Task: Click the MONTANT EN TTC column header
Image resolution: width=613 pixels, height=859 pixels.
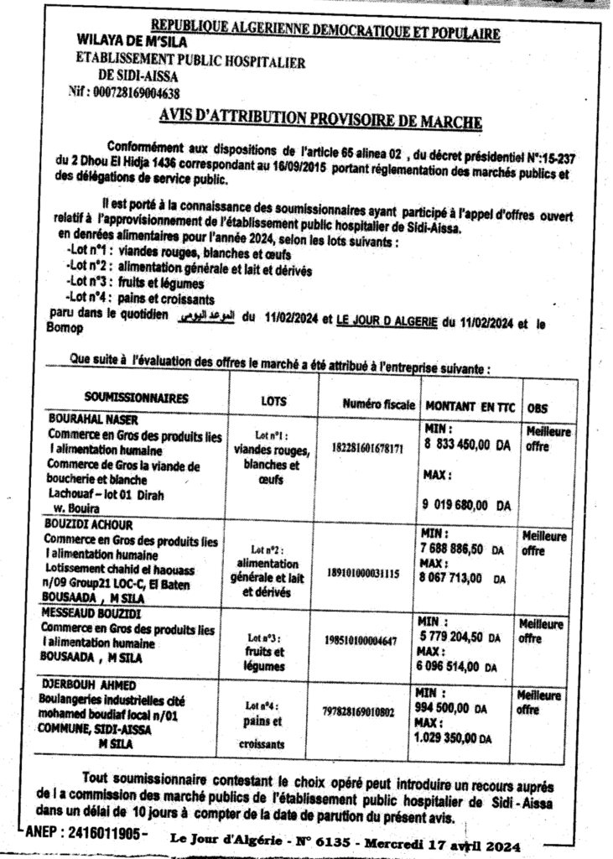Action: pos(467,405)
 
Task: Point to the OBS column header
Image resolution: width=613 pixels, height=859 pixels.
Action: pos(537,408)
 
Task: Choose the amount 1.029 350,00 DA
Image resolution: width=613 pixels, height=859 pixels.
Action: pos(458,737)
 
